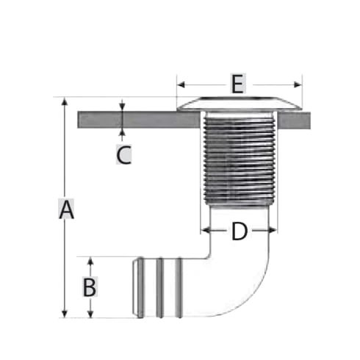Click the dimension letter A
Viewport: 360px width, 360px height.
point(66,209)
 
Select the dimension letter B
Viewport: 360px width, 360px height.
point(90,287)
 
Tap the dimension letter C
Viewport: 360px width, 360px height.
point(123,154)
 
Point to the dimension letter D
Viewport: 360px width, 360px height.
point(240,231)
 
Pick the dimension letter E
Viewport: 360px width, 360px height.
point(237,84)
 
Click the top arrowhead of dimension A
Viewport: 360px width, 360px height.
point(65,101)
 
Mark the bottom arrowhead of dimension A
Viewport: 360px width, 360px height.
point(65,314)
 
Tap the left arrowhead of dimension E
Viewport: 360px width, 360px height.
point(181,85)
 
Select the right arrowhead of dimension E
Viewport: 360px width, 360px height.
point(298,85)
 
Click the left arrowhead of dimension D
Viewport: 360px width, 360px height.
point(205,230)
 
